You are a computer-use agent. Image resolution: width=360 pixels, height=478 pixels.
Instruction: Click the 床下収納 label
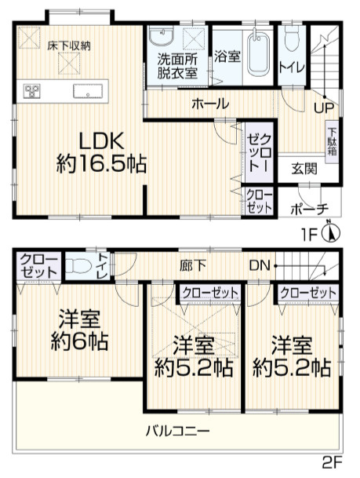tap(67, 46)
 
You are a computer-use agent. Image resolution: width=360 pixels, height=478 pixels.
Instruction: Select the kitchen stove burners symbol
tap(33, 90)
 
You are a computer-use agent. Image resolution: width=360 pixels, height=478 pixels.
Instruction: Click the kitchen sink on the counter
tap(84, 89)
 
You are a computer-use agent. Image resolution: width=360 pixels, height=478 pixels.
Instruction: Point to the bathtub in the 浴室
tap(256, 53)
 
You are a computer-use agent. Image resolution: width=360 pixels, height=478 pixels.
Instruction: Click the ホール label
tap(209, 103)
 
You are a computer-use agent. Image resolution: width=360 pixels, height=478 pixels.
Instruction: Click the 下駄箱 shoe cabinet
tap(332, 141)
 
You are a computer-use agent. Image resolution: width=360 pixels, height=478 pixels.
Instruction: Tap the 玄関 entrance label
tap(304, 167)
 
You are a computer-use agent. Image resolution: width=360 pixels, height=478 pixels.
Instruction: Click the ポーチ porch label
tap(308, 208)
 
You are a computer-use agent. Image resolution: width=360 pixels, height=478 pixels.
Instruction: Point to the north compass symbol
tap(332, 233)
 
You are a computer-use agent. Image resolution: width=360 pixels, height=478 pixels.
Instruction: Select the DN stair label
tap(259, 266)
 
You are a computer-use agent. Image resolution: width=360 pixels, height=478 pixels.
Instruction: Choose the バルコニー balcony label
tap(177, 430)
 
